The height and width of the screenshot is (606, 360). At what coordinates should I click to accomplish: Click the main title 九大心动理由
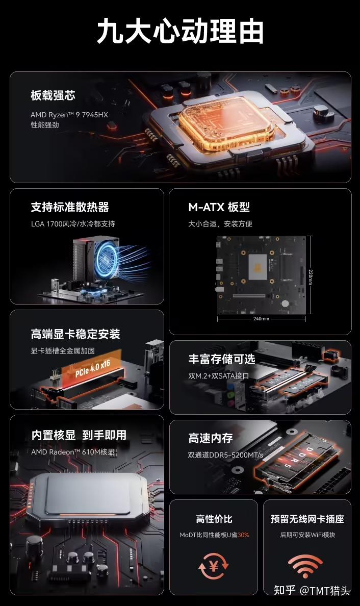tap(180, 32)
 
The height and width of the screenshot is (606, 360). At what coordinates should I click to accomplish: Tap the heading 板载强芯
tap(53, 95)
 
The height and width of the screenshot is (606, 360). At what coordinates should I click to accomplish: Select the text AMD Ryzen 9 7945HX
tap(69, 115)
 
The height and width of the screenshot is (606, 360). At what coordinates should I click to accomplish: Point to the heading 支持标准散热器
tap(70, 207)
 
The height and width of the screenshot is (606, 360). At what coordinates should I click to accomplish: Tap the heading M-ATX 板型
tap(219, 207)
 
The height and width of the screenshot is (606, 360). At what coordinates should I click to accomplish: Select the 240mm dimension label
tap(261, 319)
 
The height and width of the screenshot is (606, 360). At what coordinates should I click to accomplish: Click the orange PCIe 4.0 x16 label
tap(92, 368)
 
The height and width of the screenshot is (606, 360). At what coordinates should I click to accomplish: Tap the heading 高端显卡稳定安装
tap(75, 334)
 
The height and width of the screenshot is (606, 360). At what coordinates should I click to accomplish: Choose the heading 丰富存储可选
tap(221, 359)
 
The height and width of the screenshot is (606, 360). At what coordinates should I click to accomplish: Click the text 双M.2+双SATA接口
tap(219, 376)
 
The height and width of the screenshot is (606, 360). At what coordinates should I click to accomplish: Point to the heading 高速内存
tap(211, 438)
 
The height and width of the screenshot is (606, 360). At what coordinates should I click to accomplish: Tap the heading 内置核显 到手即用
tap(79, 435)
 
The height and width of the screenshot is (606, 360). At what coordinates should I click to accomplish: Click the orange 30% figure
tap(243, 535)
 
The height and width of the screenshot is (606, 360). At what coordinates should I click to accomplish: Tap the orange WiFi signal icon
tap(305, 566)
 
